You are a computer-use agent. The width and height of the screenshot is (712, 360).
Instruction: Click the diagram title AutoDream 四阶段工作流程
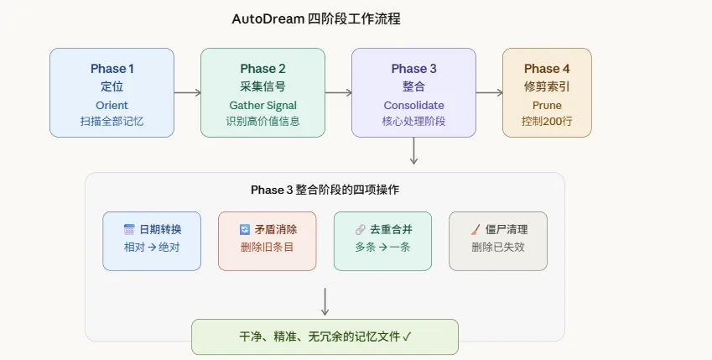coord(321,18)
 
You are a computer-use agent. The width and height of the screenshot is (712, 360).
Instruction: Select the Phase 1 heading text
coord(112,69)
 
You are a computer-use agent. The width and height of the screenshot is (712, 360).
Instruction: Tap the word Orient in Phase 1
coord(112,105)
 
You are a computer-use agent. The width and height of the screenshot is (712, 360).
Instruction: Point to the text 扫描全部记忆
coord(112,121)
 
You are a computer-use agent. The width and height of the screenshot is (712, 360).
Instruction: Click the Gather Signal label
coord(262,105)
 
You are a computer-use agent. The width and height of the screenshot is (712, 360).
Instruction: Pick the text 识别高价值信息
coord(262,121)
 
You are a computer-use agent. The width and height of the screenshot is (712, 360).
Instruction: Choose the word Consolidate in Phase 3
coord(413,105)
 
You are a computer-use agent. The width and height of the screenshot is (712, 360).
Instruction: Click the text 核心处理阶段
coord(413,121)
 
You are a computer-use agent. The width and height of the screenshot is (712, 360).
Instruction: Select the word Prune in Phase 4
coord(547,105)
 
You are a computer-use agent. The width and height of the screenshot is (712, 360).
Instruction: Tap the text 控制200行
coord(547,121)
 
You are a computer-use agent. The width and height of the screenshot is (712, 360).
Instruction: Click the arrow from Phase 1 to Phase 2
coord(187,93)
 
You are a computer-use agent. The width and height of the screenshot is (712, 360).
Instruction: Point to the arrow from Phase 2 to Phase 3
coord(338,93)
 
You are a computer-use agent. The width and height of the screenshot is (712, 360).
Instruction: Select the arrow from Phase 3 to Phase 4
coord(489,93)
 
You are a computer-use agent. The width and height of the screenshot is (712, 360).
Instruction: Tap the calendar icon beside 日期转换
coord(129,229)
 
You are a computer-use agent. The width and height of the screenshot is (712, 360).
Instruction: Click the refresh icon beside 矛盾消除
coord(244,229)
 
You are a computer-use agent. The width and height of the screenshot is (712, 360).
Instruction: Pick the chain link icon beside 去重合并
coord(360,229)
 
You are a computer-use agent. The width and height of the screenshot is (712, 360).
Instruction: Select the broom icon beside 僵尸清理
coord(475,229)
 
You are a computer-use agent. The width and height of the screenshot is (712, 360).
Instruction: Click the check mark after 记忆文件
coord(407,337)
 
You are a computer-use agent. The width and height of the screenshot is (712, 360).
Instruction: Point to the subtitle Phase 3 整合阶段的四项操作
coord(325,190)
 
